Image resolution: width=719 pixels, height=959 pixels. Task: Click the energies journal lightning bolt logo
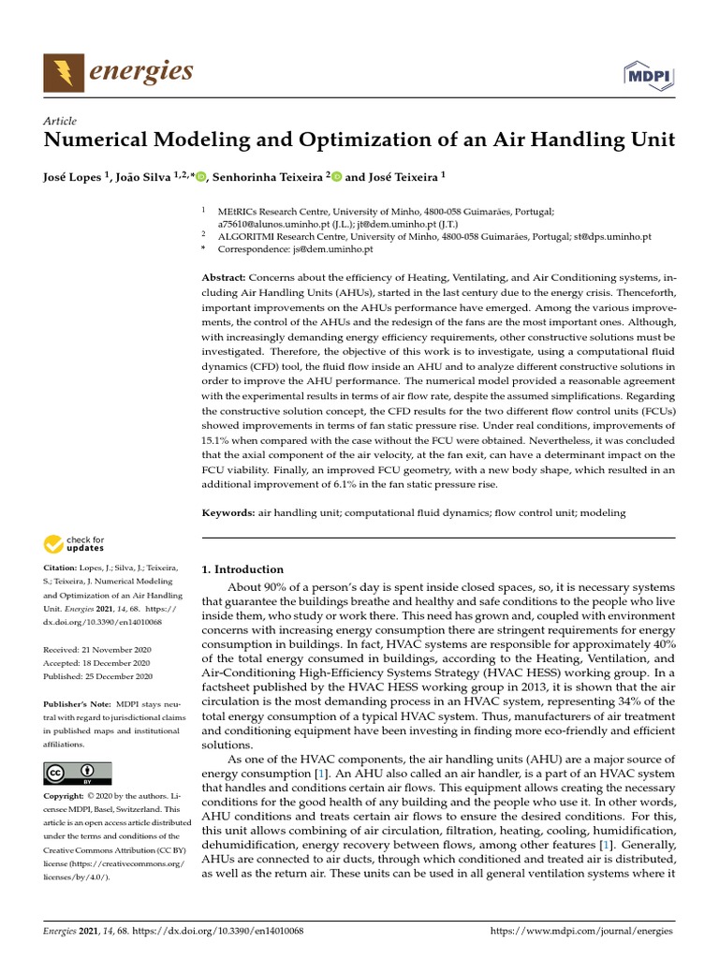pos(62,72)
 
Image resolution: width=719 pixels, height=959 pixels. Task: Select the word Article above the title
pos(60,121)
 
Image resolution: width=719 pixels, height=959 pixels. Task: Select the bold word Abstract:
pos(225,279)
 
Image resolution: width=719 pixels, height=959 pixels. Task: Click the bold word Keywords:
pos(229,513)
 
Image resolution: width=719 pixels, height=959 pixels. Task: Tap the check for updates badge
pos(75,544)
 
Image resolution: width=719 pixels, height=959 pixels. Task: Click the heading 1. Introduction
pos(242,569)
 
